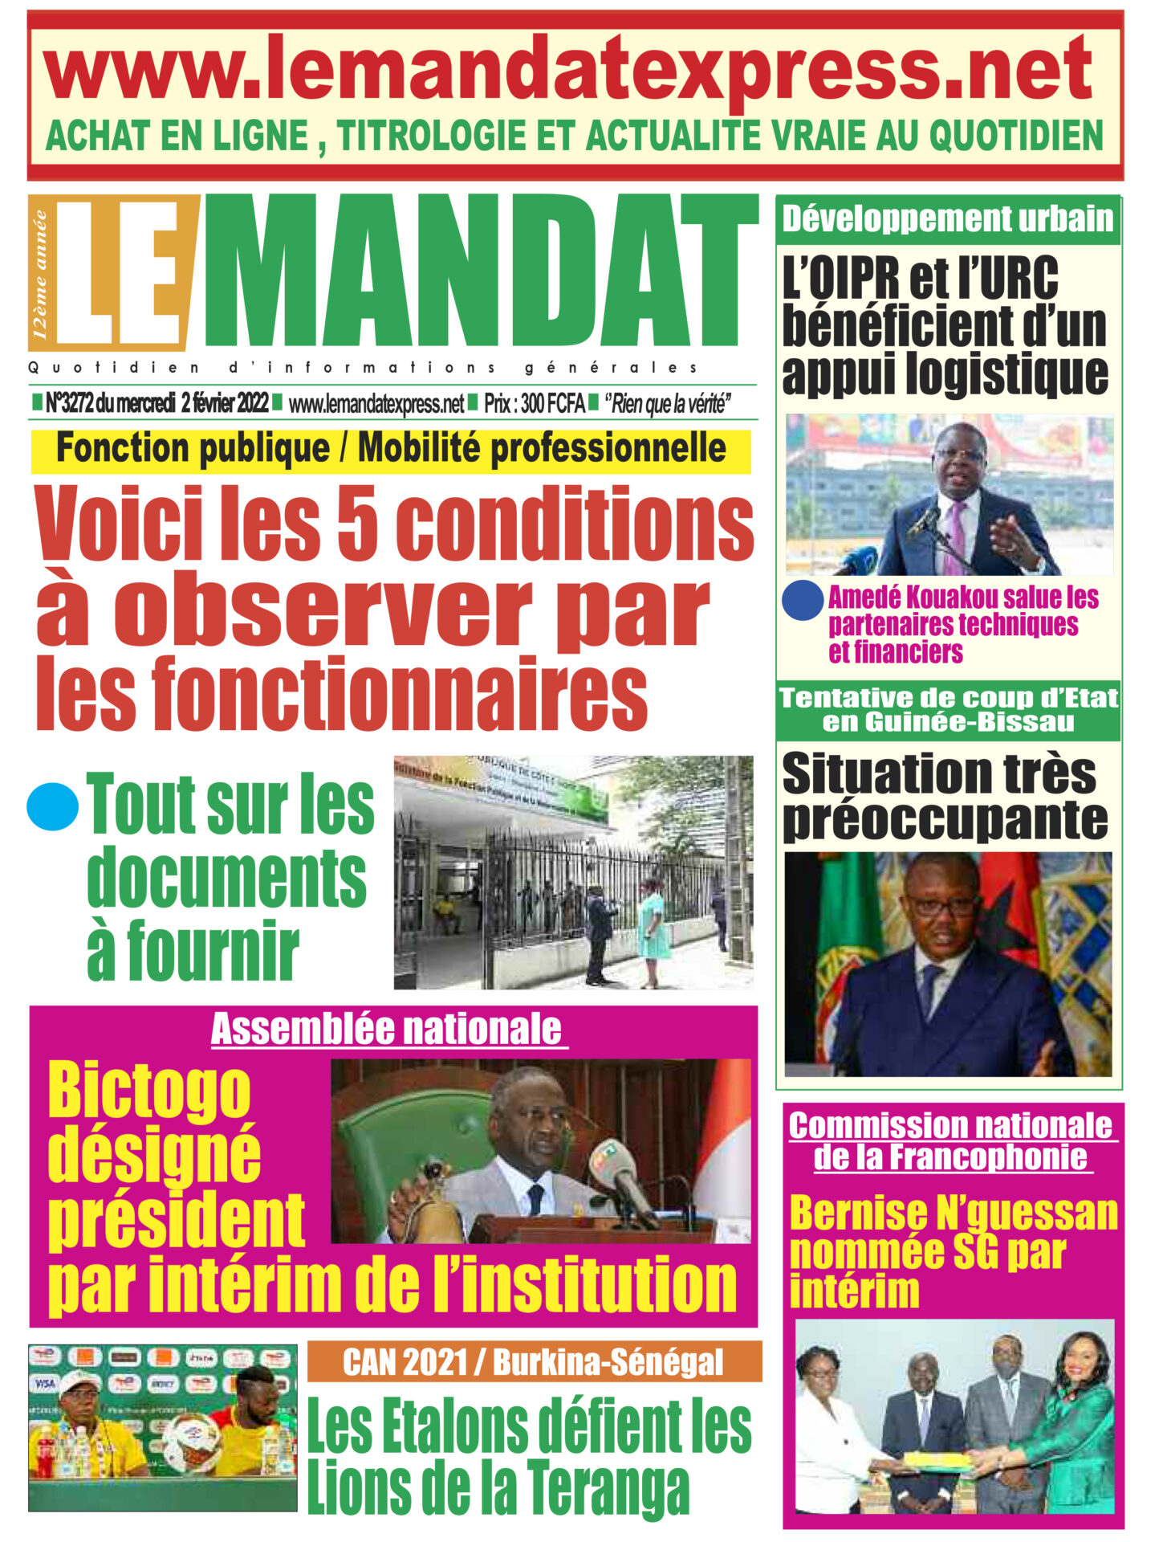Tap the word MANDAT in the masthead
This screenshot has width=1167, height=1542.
480,273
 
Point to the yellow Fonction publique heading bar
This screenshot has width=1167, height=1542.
391,450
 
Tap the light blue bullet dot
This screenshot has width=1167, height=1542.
52,806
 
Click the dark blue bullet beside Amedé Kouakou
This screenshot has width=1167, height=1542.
802,600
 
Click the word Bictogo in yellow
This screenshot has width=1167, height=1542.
149,1091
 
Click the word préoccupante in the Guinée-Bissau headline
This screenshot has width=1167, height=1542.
945,821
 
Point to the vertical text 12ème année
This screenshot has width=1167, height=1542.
41,273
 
